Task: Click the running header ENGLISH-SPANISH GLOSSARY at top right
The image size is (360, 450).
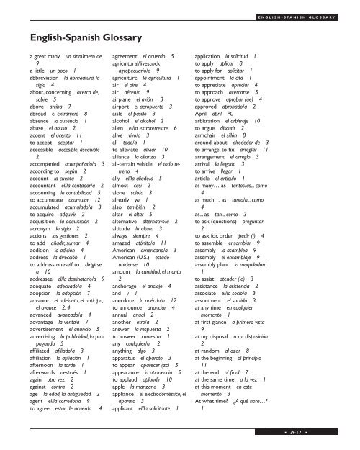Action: point(307,11)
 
